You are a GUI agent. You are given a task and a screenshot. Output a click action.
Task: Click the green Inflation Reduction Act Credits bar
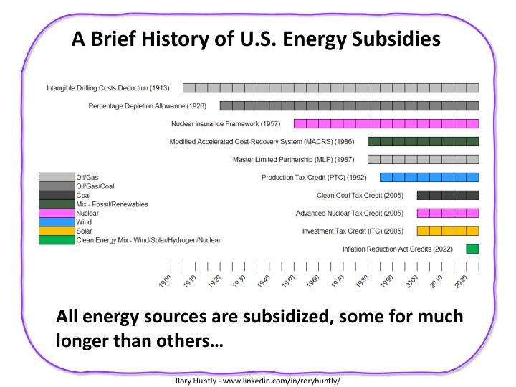(x=472, y=249)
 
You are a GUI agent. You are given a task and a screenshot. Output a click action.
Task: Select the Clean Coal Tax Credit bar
(x=448, y=195)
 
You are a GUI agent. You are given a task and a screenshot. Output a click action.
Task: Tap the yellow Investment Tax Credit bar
(x=448, y=231)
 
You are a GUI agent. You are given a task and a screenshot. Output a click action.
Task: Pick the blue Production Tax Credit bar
(x=429, y=177)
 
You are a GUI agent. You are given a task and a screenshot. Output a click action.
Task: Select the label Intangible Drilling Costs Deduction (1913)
(x=107, y=87)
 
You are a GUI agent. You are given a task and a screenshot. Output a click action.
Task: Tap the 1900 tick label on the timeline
(x=166, y=281)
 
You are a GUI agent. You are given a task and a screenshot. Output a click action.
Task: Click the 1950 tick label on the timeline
(x=289, y=281)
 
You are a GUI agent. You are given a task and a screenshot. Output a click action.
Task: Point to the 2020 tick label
(x=462, y=281)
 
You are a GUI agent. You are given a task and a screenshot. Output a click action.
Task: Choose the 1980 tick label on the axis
(x=363, y=281)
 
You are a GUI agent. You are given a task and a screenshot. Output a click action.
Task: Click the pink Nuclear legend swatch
(x=57, y=214)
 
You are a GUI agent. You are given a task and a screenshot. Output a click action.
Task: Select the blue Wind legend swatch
(x=57, y=222)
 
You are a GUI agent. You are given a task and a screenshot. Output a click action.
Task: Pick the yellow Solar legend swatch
(x=57, y=231)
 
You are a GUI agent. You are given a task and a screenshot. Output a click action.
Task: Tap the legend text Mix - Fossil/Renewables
(x=112, y=204)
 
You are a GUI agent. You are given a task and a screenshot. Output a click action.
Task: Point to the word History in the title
(x=161, y=38)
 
